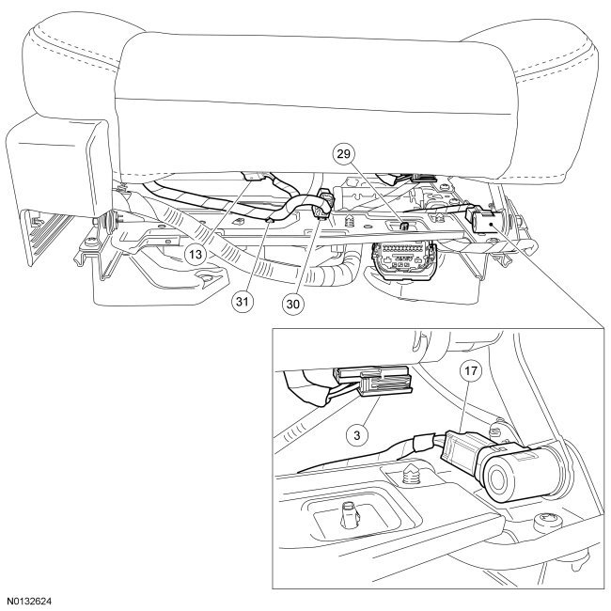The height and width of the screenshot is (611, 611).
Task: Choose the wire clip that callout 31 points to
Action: coord(269,219)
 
